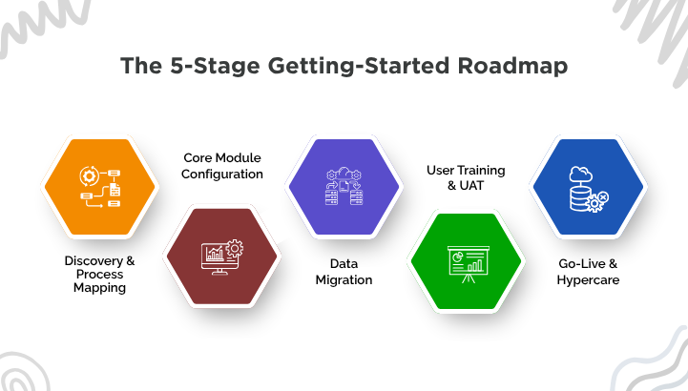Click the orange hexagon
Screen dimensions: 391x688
(100, 187)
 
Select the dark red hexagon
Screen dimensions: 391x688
(221, 255)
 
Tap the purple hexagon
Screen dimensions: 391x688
(344, 187)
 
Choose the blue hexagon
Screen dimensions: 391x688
(588, 187)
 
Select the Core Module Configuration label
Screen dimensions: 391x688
(222, 166)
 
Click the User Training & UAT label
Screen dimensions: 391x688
(466, 177)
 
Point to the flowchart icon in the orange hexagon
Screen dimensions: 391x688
(100, 188)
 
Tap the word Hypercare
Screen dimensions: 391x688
(588, 280)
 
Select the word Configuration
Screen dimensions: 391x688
(222, 175)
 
